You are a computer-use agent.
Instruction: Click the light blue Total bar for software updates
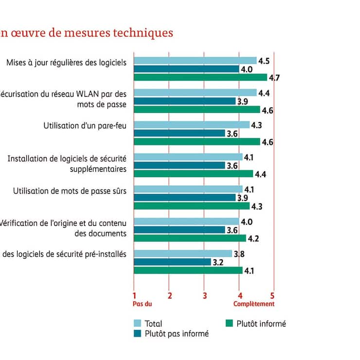[x=195, y=61]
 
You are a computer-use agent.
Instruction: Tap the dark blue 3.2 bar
[x=172, y=262]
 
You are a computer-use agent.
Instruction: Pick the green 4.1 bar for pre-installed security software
[x=188, y=270]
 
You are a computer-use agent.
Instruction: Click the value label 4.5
[x=264, y=61]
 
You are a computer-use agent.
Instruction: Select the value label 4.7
[x=273, y=77]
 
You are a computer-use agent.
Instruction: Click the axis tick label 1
[x=134, y=295]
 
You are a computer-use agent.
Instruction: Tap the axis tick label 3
[x=205, y=295]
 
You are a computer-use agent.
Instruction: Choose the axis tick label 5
[x=272, y=295]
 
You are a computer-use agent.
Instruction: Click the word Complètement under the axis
[x=254, y=304]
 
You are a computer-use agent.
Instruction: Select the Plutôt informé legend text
[x=261, y=324]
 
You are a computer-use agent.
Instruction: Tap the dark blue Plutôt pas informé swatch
[x=138, y=333]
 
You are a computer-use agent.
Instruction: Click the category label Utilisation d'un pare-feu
[x=85, y=126]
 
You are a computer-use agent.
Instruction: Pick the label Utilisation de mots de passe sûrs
[x=70, y=190]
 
